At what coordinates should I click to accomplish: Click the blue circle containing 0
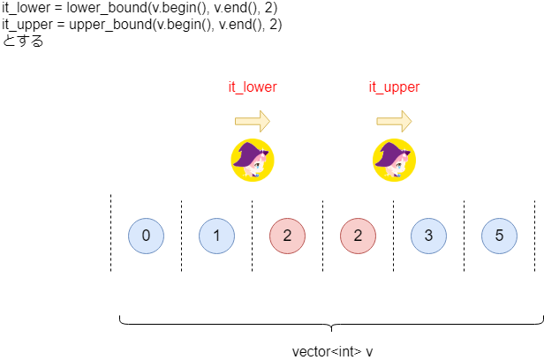[146, 236]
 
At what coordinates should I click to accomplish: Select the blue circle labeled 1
[217, 236]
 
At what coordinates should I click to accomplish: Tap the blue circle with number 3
[429, 236]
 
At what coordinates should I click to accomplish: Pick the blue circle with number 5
[499, 236]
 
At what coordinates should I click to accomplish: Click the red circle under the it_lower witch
[288, 236]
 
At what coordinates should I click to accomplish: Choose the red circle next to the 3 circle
[358, 236]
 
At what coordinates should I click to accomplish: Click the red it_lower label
[253, 87]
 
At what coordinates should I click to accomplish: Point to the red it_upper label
[394, 87]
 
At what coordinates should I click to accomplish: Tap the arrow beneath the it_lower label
[253, 121]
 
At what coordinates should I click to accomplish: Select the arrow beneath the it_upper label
[394, 121]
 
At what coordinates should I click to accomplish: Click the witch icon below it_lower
[253, 160]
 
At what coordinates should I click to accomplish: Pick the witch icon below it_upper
[394, 160]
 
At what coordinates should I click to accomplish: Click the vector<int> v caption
[332, 352]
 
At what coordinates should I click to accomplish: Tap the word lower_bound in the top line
[107, 8]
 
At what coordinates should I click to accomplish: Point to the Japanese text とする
[23, 41]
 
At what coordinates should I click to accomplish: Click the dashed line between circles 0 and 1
[181, 236]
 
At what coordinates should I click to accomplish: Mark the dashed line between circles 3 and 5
[465, 236]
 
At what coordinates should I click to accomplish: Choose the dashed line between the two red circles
[322, 236]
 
